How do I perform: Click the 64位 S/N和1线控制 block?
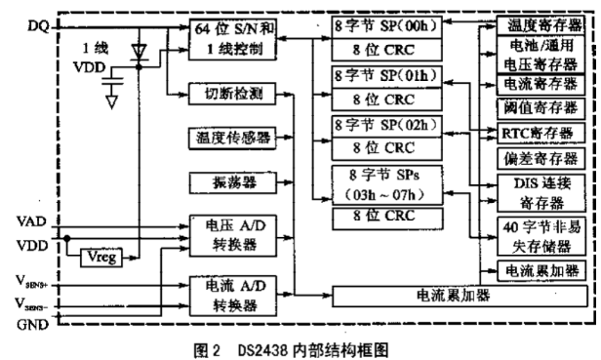coord(232,39)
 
